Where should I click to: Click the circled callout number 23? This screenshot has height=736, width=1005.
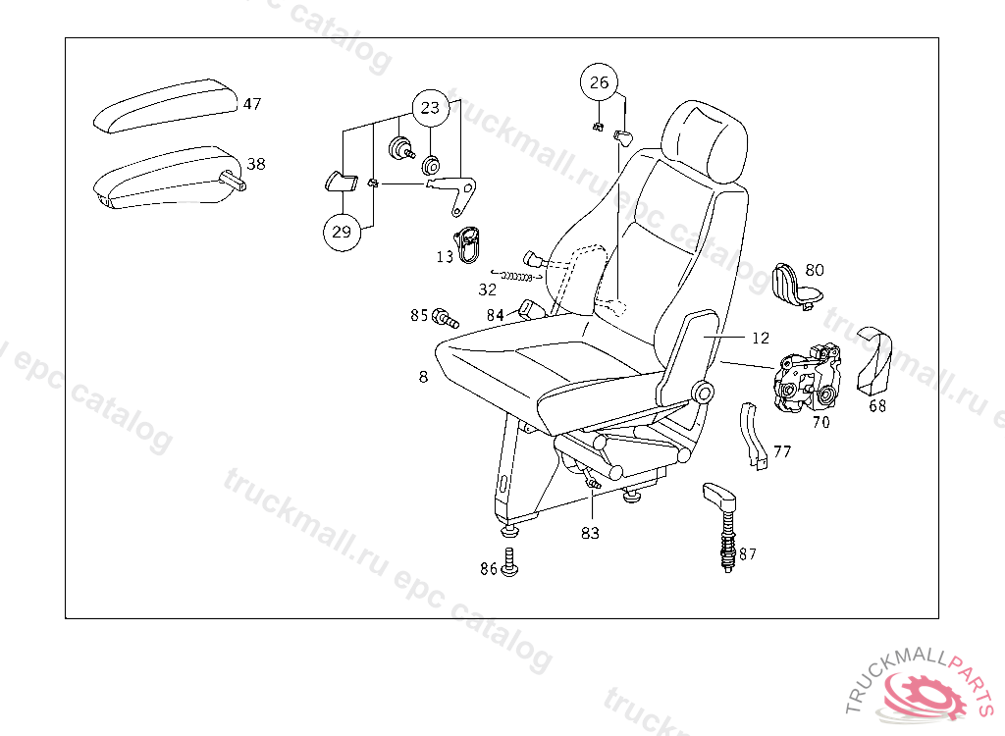point(430,108)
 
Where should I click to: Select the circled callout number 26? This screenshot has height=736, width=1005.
point(599,82)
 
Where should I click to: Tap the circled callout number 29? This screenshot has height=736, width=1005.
point(342,232)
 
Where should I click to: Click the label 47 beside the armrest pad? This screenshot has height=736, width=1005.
point(252,104)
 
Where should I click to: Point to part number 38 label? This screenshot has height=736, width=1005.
point(256,164)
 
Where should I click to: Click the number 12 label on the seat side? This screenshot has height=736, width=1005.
point(761,338)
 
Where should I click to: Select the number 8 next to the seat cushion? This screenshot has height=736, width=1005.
point(423,377)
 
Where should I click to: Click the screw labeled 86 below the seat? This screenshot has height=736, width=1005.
point(509,562)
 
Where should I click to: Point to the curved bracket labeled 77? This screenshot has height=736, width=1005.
point(751,436)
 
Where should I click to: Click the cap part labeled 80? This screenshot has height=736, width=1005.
point(795,287)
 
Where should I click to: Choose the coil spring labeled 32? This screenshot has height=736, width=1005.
point(517,277)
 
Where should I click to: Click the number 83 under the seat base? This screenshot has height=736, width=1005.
point(590,533)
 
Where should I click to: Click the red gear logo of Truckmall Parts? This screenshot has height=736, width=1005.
point(925,696)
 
